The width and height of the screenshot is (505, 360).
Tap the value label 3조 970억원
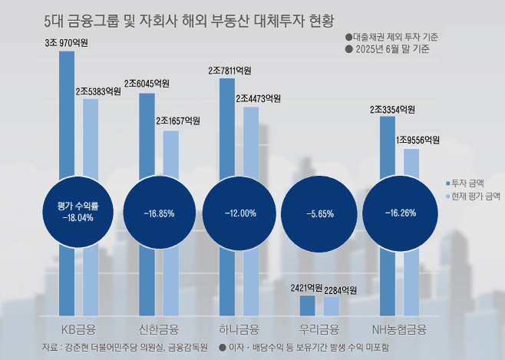click(67, 44)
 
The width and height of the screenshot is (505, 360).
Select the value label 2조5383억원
click(98, 91)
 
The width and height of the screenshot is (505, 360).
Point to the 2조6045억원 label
click(147, 83)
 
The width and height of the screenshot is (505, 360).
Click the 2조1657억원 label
click(178, 121)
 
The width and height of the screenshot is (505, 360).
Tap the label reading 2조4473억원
click(258, 98)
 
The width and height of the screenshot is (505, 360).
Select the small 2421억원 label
click(306, 289)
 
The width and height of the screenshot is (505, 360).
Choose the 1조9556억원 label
click(418, 140)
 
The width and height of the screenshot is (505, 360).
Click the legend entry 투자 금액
click(468, 182)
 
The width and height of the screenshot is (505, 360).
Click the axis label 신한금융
click(159, 330)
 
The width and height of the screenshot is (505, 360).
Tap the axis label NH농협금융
click(399, 330)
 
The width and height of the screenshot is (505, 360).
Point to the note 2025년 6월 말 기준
click(391, 48)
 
